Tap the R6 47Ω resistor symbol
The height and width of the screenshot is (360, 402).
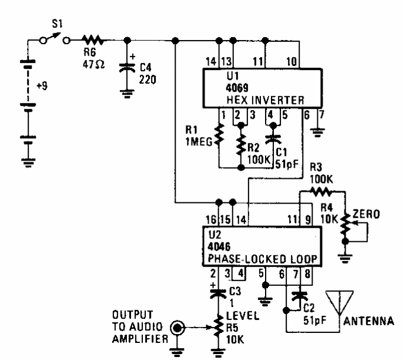93,40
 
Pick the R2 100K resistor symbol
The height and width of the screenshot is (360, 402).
241,142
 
